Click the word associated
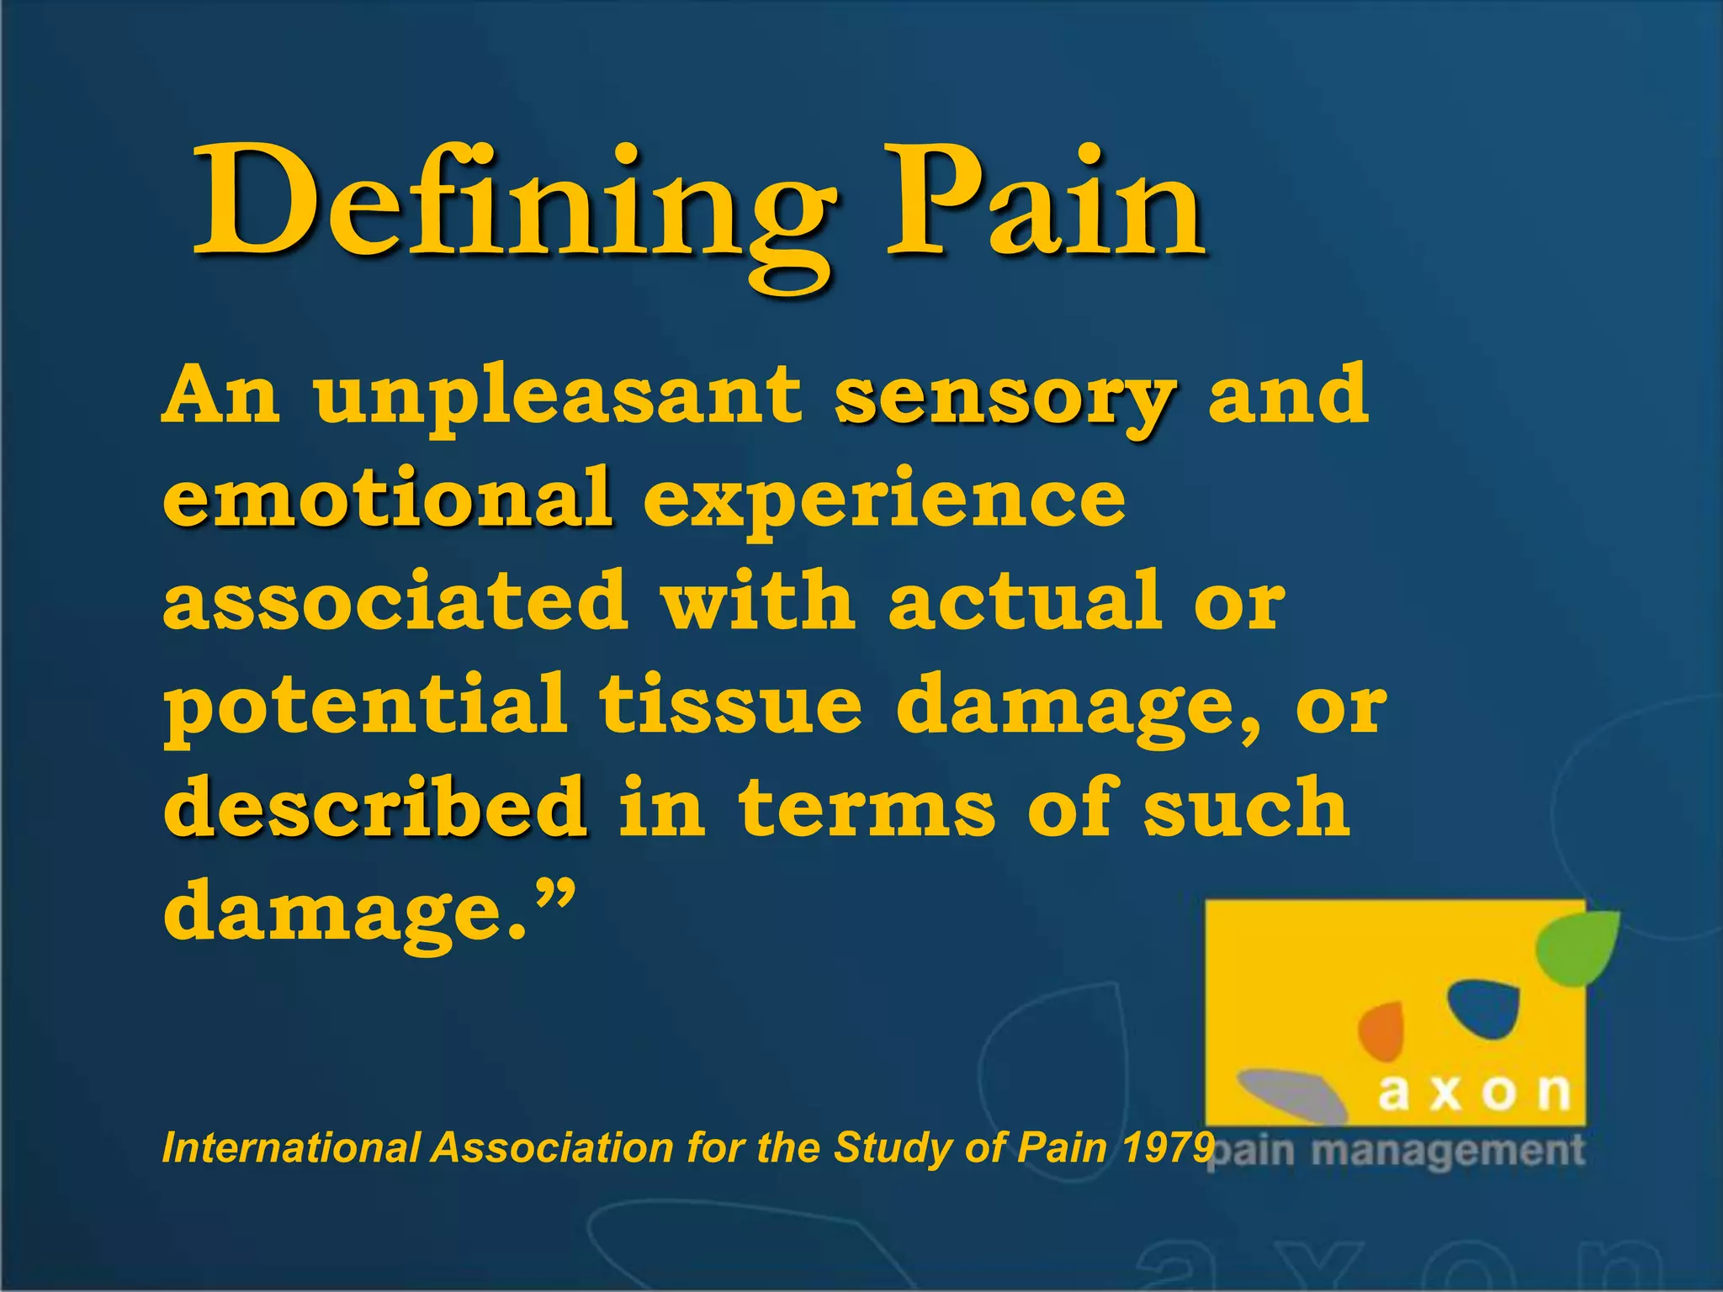(395, 601)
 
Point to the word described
(375, 807)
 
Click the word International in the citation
(291, 1147)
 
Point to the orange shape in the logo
(1381, 1031)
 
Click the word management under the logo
(1448, 1151)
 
